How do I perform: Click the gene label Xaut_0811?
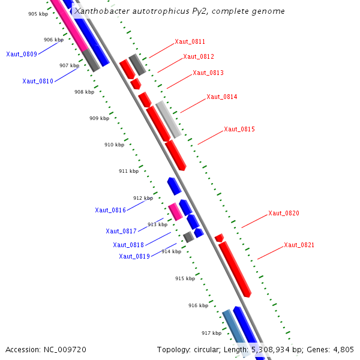point(190,42)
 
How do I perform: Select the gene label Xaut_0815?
point(239,130)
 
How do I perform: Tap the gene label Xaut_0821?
point(299,245)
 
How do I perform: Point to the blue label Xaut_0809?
point(22,55)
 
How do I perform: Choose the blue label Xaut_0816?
point(110,211)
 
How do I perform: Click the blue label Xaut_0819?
point(134,257)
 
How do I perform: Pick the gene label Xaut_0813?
point(208,73)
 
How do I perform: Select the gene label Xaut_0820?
point(283,214)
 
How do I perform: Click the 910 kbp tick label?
point(114,145)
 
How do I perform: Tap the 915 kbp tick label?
point(185,278)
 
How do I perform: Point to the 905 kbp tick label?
point(38,14)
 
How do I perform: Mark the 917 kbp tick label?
point(211,333)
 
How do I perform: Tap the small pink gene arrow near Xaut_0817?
point(175,212)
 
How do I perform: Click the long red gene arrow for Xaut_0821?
point(235,269)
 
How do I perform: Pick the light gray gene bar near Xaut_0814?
point(168,119)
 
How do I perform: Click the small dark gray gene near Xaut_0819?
point(188,237)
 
